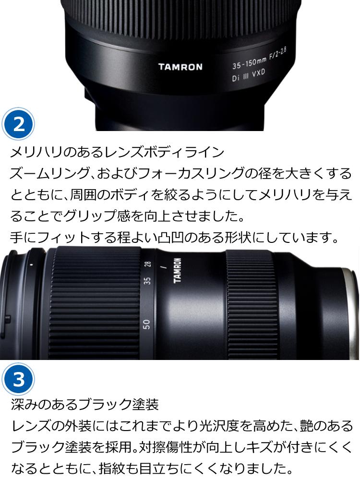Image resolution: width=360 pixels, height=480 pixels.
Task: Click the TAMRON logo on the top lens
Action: click(x=180, y=67)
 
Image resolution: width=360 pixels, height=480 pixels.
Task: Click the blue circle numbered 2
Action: click(x=19, y=124)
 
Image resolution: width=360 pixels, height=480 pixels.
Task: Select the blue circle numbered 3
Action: click(x=19, y=379)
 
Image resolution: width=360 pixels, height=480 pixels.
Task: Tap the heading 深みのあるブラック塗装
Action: click(x=84, y=405)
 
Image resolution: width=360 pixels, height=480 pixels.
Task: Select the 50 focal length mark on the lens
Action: click(x=147, y=324)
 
